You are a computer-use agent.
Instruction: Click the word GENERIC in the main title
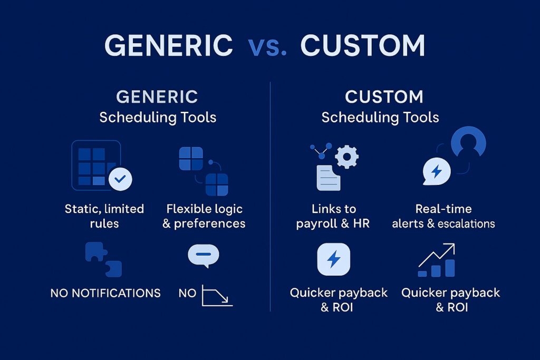pyautogui.click(x=168, y=46)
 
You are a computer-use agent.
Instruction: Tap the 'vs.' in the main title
pyautogui.click(x=267, y=46)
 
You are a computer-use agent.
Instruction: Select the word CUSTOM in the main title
pyautogui.click(x=363, y=46)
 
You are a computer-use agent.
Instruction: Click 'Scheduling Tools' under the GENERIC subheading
pyautogui.click(x=158, y=116)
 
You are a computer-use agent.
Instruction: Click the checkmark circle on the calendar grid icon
pyautogui.click(x=120, y=179)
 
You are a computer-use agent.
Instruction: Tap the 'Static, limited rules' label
pyautogui.click(x=104, y=216)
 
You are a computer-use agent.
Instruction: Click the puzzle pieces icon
pyautogui.click(x=104, y=260)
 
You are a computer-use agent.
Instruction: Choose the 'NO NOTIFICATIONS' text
pyautogui.click(x=105, y=293)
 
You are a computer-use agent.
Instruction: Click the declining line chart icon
pyautogui.click(x=217, y=296)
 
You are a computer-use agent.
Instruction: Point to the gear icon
pyautogui.click(x=346, y=157)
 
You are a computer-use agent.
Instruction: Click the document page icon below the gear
pyautogui.click(x=328, y=177)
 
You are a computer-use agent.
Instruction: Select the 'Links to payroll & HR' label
pyautogui.click(x=333, y=216)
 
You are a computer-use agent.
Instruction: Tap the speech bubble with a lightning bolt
pyautogui.click(x=437, y=171)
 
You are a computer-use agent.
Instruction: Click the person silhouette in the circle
pyautogui.click(x=468, y=144)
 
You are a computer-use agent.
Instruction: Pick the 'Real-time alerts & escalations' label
pyautogui.click(x=443, y=216)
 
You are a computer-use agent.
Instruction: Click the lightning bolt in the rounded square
pyautogui.click(x=333, y=259)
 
